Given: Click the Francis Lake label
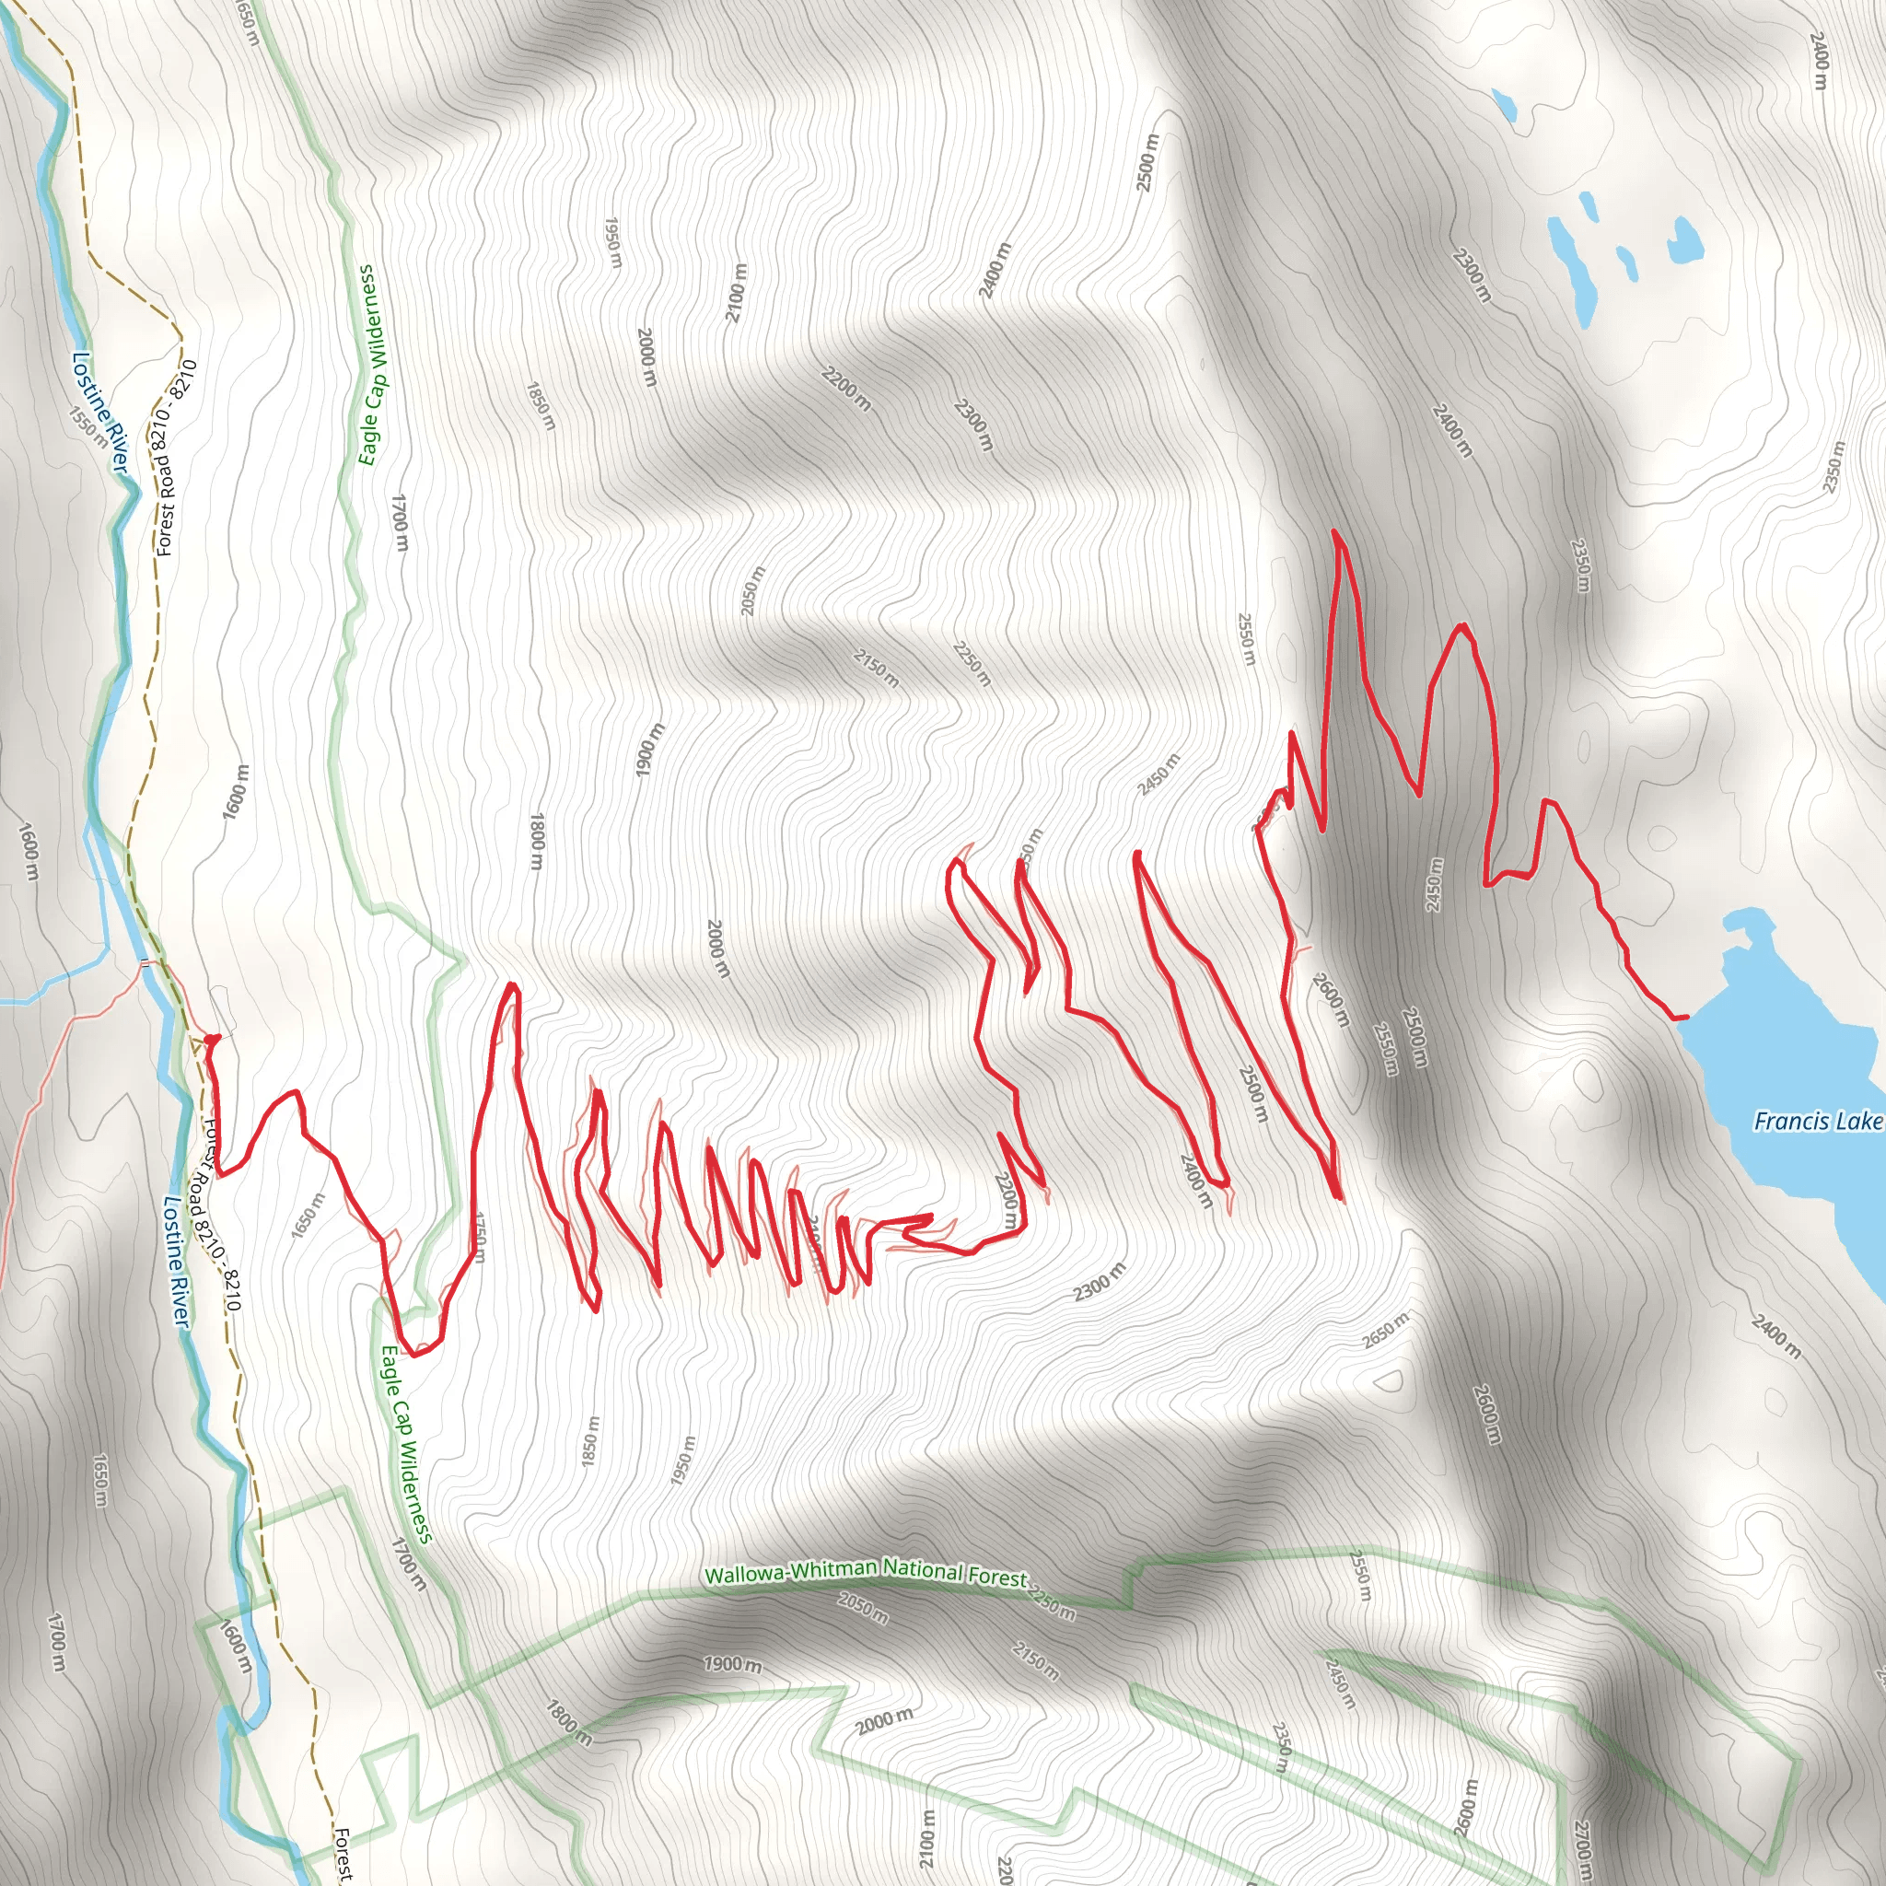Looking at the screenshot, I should click(x=1817, y=1121).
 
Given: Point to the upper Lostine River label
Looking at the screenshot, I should click(x=99, y=412).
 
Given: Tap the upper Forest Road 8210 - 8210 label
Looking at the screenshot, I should click(x=177, y=458).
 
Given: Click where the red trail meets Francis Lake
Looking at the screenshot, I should click(x=1684, y=1019).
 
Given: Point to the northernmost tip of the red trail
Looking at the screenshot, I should click(x=1333, y=532).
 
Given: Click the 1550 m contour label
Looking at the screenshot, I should click(x=88, y=426).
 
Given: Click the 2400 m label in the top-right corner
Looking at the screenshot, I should click(x=1819, y=61).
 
